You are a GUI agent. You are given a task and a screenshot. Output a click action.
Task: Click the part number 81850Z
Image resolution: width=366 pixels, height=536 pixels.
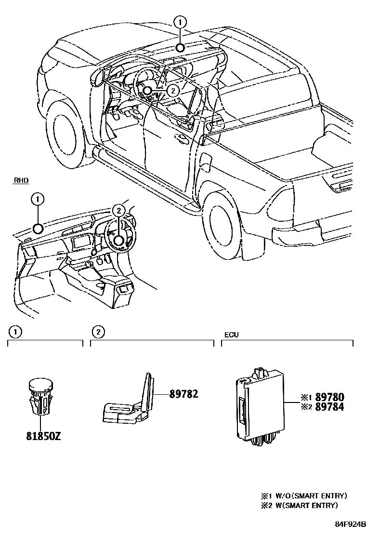[43, 437]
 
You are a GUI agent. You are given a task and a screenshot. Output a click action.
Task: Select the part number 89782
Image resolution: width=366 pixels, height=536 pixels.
[183, 394]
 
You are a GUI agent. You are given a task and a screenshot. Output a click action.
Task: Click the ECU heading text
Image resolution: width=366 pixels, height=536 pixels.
[231, 334]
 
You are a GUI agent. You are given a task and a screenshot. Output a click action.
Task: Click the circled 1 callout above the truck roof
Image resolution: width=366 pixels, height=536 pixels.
[179, 21]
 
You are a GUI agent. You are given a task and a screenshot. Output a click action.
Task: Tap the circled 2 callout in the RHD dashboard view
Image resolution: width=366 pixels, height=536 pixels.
[119, 210]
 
